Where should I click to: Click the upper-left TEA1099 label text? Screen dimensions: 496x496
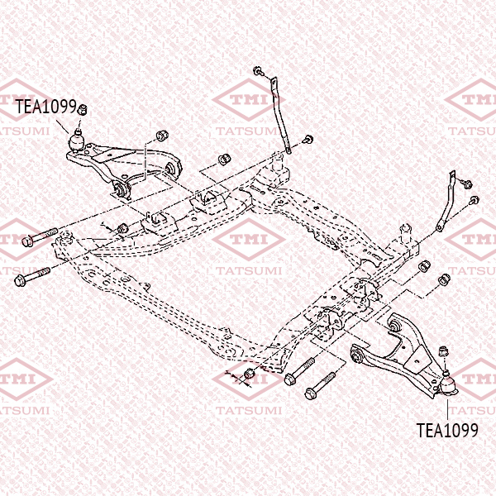point(46,107)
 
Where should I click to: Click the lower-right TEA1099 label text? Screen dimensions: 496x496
point(447,430)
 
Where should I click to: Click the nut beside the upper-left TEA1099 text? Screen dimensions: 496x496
point(82,109)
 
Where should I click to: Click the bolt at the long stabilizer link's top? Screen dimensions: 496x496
point(259,71)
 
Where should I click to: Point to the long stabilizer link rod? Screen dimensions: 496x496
point(280,116)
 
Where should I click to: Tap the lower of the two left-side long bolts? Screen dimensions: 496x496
point(32,277)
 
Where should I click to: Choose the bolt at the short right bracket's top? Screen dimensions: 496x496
point(466,184)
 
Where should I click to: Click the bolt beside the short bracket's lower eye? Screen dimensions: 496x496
point(474,200)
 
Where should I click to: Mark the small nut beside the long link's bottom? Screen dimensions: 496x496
point(308,139)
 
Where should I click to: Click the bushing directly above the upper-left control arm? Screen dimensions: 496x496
point(162,136)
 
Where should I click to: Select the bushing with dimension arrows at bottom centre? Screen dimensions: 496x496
point(250,374)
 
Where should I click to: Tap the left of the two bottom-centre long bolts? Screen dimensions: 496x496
point(299,371)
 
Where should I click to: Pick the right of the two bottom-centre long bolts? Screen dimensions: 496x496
point(319,385)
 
